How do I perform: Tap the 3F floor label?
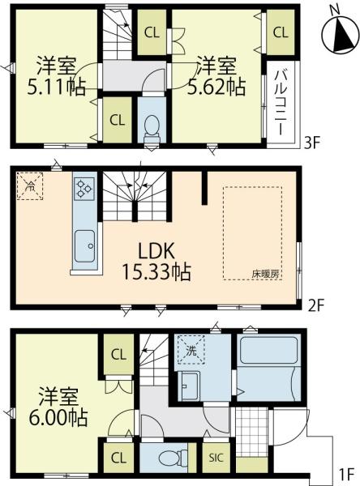tap(311, 143)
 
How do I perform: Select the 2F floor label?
tap(316, 306)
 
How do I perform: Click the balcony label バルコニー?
tap(281, 102)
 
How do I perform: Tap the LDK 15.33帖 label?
tap(156, 262)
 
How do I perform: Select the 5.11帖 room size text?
tap(56, 87)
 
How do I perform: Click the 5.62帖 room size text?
tap(217, 87)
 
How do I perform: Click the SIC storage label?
tap(216, 458)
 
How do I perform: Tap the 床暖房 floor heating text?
tap(265, 274)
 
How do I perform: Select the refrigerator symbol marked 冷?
tap(30, 186)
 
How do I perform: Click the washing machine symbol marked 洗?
tap(191, 351)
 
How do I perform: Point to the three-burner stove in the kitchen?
tap(84, 189)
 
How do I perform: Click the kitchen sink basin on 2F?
tap(84, 246)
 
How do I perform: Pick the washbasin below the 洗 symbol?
tap(189, 386)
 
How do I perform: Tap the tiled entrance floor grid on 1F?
tap(251, 432)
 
